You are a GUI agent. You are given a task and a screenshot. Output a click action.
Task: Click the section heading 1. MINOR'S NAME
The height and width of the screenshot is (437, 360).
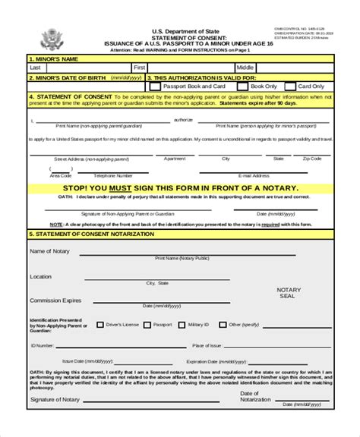pyautogui.click(x=55, y=58)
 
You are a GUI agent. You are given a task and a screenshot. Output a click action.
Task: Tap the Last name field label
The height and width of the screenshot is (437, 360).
pyautogui.click(x=35, y=68)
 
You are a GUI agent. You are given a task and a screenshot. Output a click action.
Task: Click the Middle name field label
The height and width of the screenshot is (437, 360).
pyautogui.click(x=245, y=68)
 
